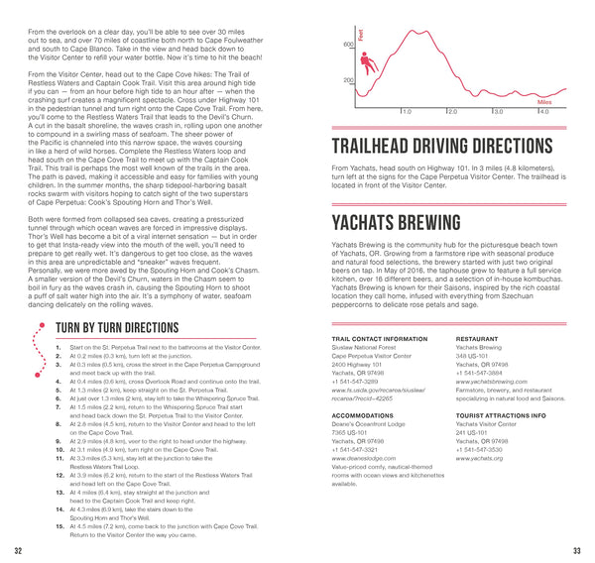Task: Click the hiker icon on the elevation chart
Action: [369, 62]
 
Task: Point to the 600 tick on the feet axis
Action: [348, 46]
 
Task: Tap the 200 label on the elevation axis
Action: [348, 81]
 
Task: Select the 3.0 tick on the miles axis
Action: [498, 112]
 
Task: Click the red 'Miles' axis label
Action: [544, 101]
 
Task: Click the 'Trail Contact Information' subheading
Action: [372, 339]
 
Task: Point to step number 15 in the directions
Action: [60, 525]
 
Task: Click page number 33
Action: [576, 550]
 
